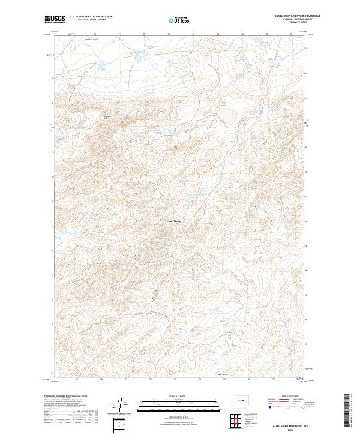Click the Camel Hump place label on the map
(x=173, y=221)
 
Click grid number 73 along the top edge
(x=169, y=34)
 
